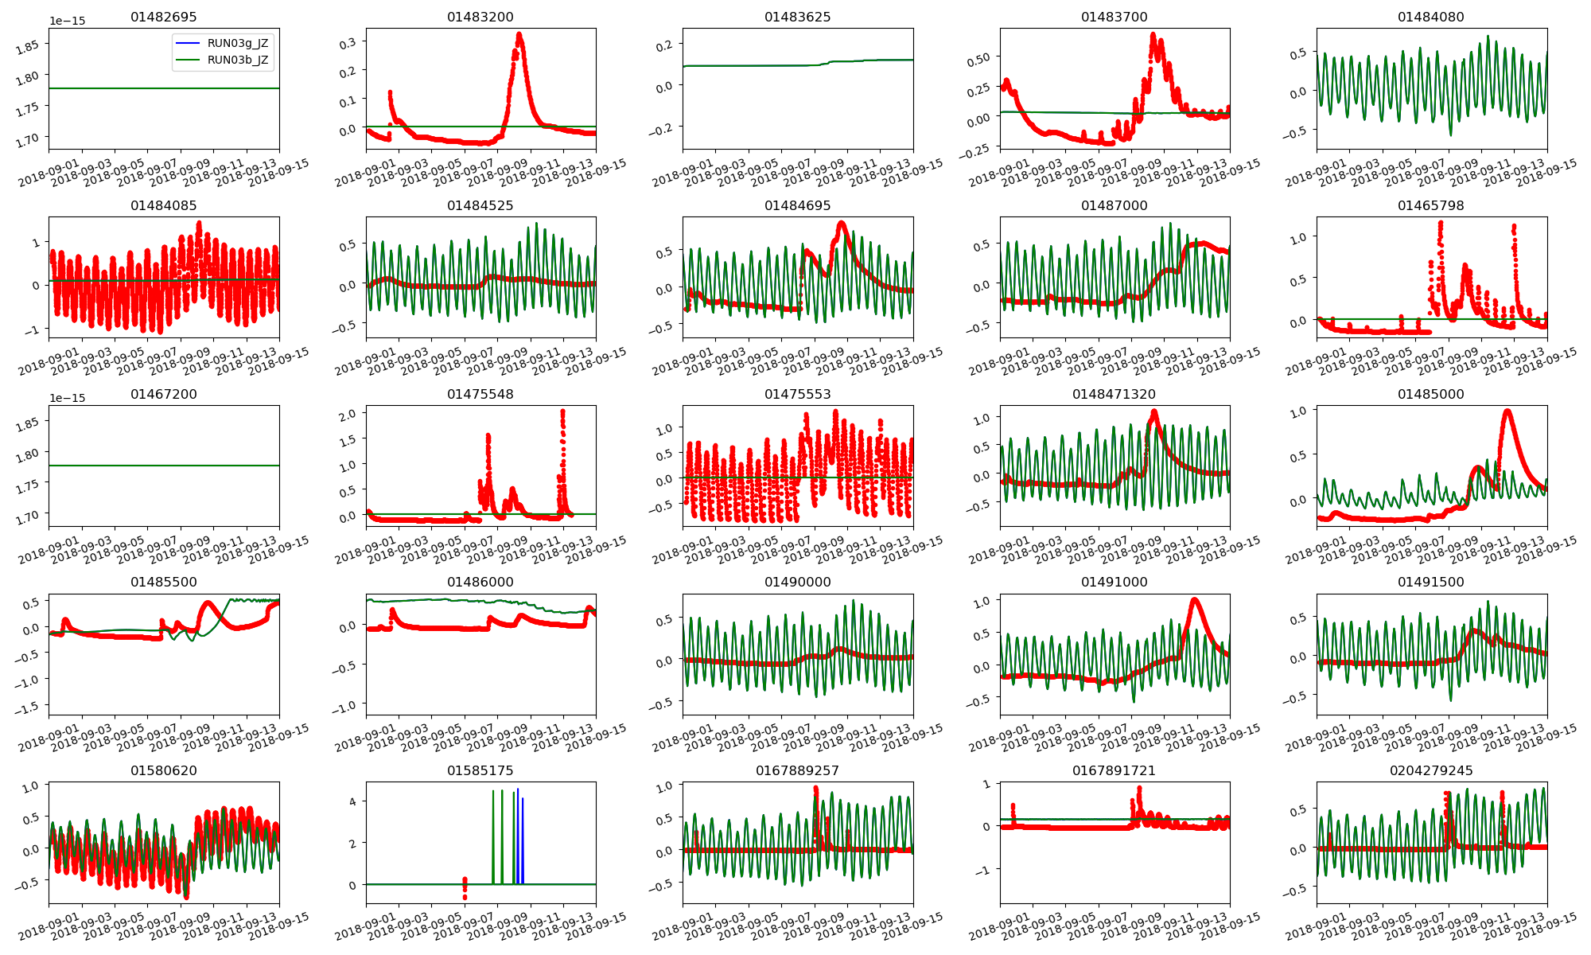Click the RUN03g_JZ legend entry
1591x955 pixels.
coord(237,43)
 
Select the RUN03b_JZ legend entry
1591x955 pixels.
coord(237,60)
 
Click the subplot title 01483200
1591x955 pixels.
coord(480,17)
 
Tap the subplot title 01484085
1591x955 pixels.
coord(163,205)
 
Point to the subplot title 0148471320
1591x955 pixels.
coord(1114,394)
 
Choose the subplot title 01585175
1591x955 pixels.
coord(480,770)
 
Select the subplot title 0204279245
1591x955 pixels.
coord(1431,770)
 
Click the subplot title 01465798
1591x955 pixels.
coord(1430,205)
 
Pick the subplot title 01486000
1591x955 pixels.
coord(480,582)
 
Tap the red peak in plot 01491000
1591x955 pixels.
coord(1193,600)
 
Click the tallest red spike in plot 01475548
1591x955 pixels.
coord(562,412)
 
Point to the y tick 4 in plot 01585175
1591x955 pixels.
coord(352,801)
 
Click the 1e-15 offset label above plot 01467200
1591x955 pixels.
coord(67,398)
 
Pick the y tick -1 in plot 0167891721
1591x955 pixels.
coord(985,871)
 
